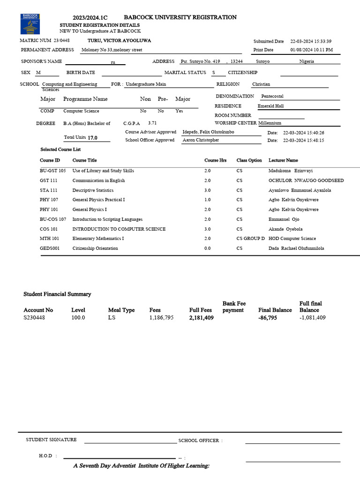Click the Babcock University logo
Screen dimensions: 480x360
30,24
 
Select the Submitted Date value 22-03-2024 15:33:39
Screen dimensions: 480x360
311,41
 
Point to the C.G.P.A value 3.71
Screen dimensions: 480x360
152,123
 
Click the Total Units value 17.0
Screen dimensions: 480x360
93,138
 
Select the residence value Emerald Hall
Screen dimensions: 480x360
270,106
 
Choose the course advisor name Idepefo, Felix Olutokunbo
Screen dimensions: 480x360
208,132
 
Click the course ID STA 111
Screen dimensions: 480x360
49,190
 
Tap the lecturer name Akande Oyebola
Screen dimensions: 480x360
285,229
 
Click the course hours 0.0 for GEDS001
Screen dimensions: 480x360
207,248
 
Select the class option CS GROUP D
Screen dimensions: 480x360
250,239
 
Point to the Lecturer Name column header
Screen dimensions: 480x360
283,160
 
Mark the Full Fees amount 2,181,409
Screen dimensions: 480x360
201,317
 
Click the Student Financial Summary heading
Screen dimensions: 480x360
57,294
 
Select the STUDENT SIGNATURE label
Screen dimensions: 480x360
51,440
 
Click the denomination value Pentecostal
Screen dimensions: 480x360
272,96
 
